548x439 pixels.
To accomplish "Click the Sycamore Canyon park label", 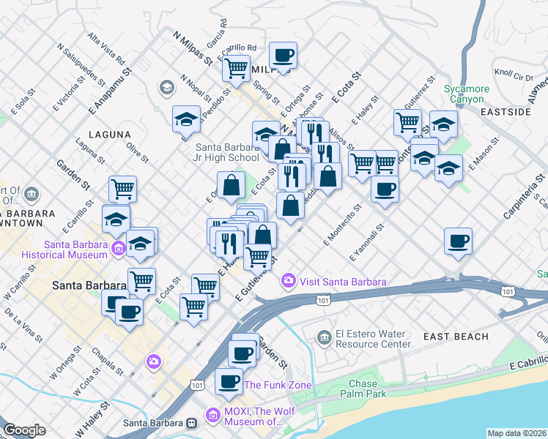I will click(464, 94).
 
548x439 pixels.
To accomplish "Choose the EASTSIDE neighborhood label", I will click(506, 112).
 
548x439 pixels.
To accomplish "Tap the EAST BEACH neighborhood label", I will click(456, 337).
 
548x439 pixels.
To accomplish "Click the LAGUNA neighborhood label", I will click(109, 135).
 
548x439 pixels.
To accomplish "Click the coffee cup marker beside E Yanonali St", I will click(458, 241).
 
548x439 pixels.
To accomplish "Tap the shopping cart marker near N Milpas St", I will click(237, 68).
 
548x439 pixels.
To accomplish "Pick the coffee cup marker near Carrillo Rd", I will click(283, 54).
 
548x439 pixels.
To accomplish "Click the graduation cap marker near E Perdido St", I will click(187, 119).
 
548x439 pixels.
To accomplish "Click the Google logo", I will click(24, 430).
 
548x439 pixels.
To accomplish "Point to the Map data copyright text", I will click(516, 433).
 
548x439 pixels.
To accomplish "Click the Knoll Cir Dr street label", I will click(513, 75).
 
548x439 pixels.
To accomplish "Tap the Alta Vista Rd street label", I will click(105, 48).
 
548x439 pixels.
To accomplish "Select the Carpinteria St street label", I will click(524, 196).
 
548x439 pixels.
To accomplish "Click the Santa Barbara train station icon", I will click(191, 422).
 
